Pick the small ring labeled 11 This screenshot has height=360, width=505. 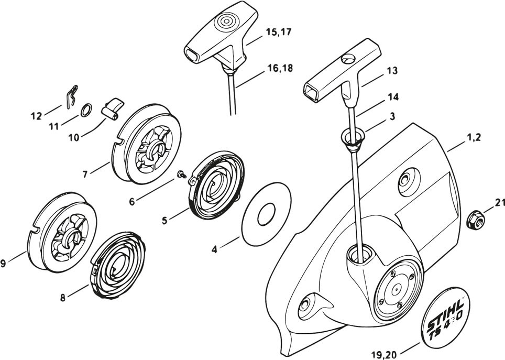pos(87,111)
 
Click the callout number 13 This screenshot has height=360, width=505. pos(392,70)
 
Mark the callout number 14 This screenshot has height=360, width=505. pos(392,97)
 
